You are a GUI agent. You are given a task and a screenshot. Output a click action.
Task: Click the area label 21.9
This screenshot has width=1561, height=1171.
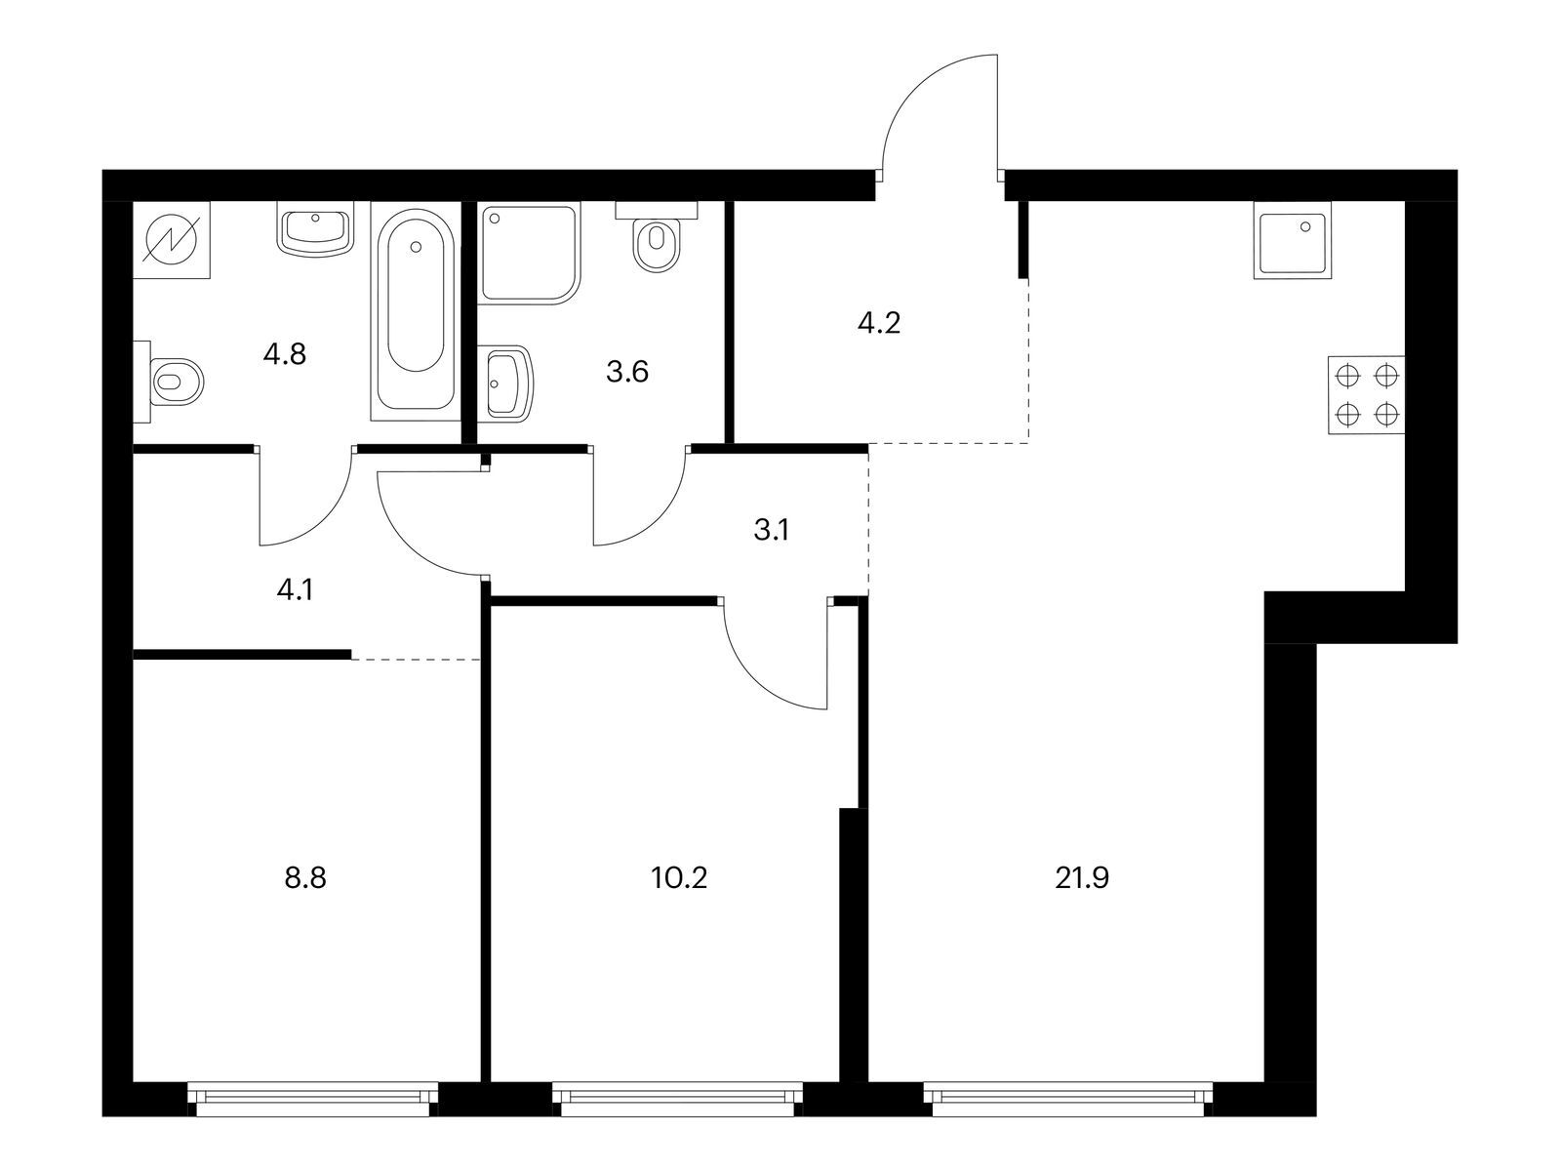[x=1082, y=878]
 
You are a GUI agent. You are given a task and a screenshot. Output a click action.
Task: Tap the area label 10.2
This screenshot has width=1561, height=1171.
[x=679, y=878]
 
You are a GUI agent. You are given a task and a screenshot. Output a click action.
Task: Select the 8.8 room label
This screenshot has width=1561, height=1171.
[x=305, y=878]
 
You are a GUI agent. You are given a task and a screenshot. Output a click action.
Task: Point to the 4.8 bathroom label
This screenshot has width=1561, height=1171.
[x=285, y=353]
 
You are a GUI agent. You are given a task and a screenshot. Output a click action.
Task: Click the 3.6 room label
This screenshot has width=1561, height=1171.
[x=627, y=372]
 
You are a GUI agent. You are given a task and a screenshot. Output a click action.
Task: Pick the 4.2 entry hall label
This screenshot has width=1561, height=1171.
[x=878, y=323]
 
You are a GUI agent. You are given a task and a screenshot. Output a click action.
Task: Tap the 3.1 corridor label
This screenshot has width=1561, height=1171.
[x=771, y=531]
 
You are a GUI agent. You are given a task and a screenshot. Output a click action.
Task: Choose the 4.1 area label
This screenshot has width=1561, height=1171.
[x=295, y=589]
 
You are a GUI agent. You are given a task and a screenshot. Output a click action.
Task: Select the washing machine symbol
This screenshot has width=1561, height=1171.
[x=171, y=240]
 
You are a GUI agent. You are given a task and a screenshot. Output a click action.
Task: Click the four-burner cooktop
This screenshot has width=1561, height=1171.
[x=1366, y=395]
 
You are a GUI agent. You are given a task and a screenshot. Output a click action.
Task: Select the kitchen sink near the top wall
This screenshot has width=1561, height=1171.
[x=1292, y=241]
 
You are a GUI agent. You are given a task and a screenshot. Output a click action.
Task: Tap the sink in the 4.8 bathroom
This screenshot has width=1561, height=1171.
[x=315, y=231]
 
